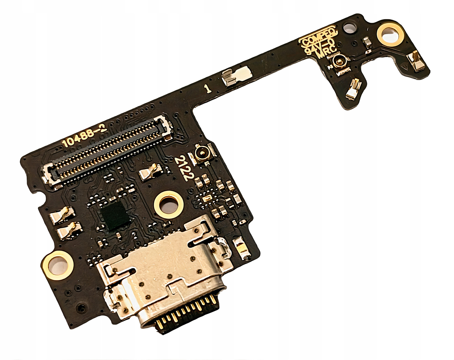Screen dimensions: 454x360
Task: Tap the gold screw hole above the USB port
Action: pyautogui.click(x=169, y=204)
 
